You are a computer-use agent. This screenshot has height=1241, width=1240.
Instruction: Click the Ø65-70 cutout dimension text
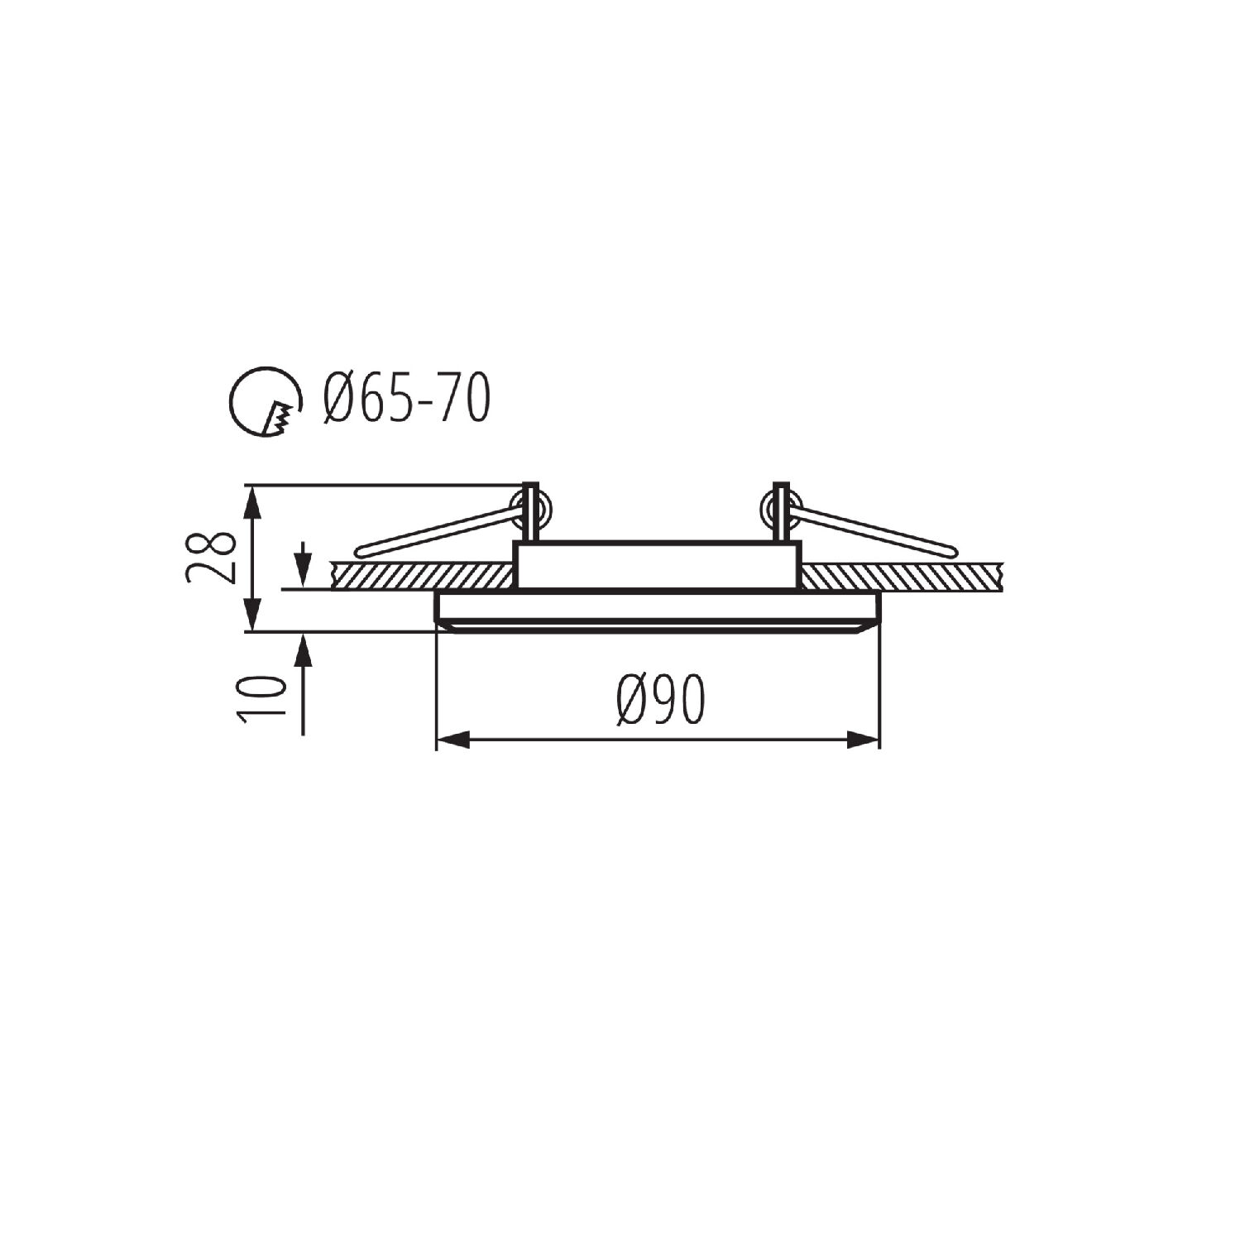point(407,399)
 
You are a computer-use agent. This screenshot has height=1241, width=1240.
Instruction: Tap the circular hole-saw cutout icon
point(265,401)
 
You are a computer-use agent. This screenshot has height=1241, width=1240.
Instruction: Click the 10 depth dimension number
point(262,697)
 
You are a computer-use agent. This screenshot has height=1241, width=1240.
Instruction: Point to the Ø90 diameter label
point(660,700)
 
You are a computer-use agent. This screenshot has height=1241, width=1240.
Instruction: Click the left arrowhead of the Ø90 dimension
point(452,740)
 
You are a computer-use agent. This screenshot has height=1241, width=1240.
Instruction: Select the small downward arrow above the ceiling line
point(304,563)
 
